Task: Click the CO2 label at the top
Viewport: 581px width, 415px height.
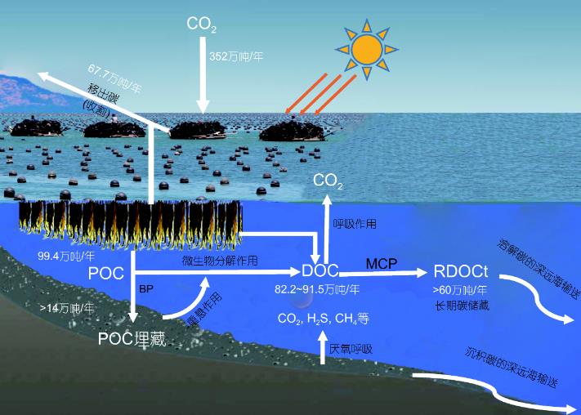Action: [201, 25]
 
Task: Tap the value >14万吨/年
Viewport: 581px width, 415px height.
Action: [67, 308]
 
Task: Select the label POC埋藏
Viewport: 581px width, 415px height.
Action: [132, 338]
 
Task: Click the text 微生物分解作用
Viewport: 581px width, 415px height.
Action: [220, 261]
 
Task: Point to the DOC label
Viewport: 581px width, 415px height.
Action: [320, 270]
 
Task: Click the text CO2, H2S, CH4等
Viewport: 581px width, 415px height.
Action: [324, 318]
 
